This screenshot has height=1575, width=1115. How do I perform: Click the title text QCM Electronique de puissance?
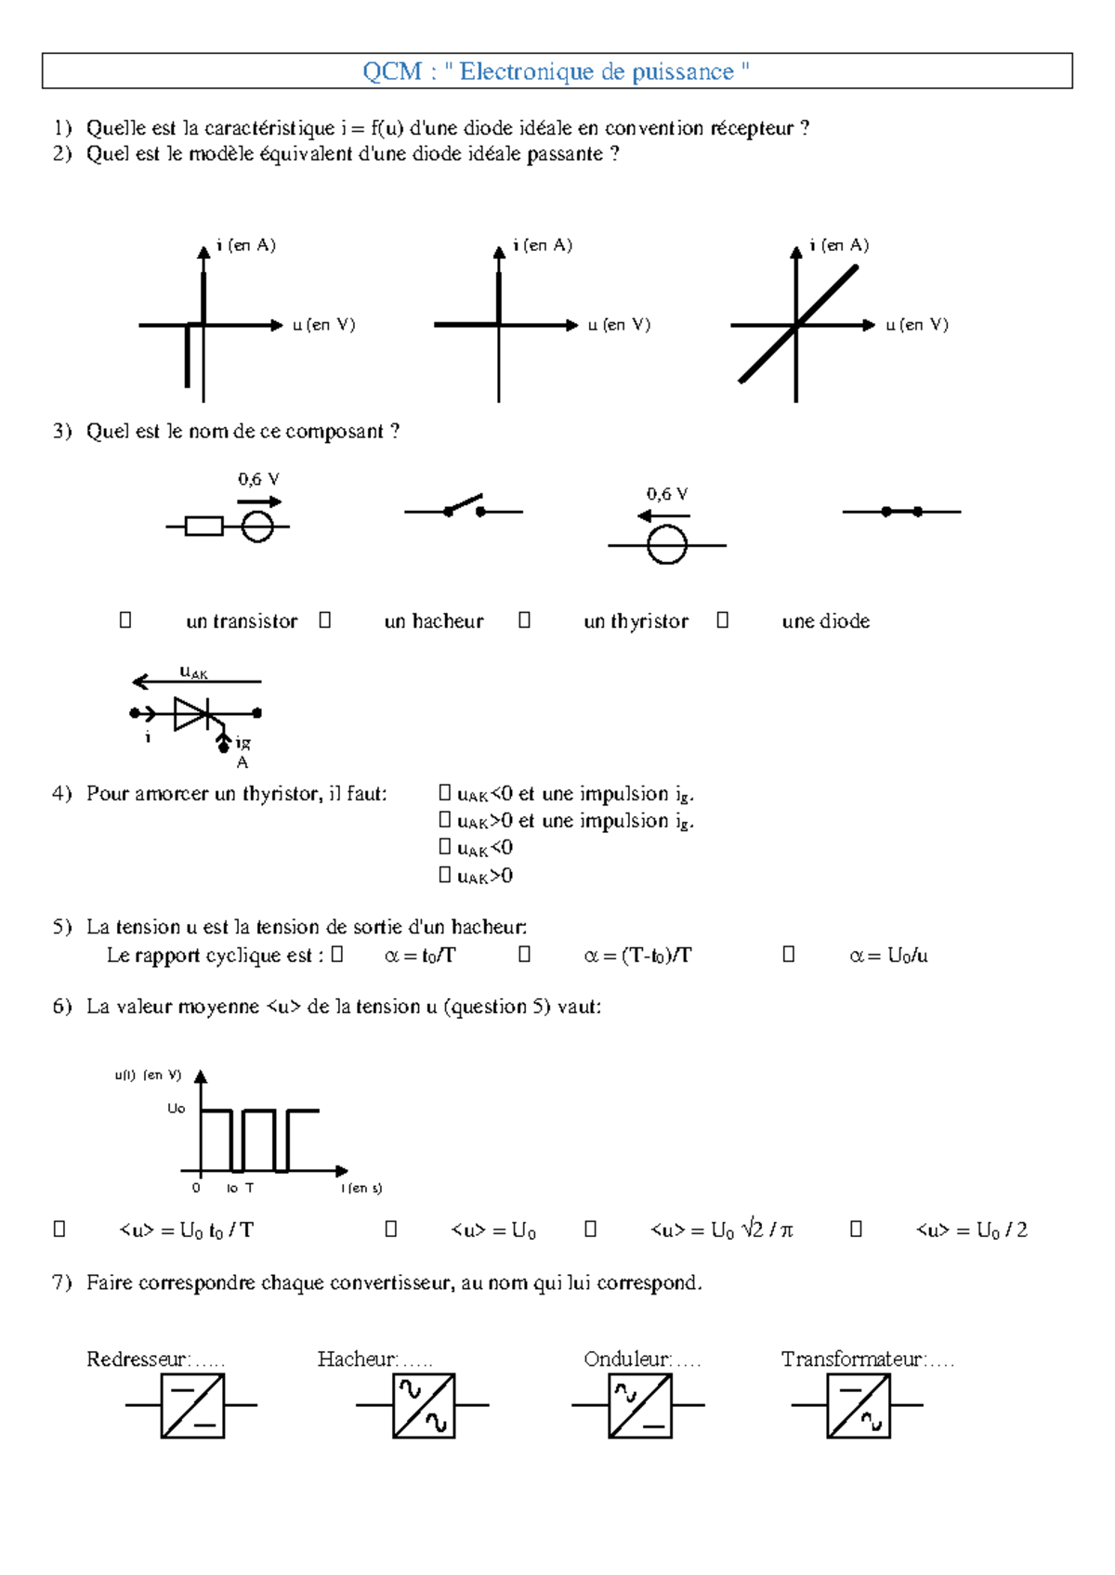[556, 72]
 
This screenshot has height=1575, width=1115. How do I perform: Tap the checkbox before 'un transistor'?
[125, 619]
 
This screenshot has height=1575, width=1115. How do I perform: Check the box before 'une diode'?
[723, 619]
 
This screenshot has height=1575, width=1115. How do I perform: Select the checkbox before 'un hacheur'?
[324, 619]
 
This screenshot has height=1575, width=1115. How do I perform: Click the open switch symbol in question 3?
[464, 507]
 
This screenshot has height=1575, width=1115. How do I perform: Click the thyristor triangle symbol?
[191, 713]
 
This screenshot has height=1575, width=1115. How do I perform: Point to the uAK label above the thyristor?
[193, 672]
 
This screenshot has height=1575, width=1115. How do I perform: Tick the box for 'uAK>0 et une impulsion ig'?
[445, 820]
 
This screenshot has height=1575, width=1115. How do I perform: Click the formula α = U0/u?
[888, 956]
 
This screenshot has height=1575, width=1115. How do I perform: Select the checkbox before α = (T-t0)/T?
[524, 954]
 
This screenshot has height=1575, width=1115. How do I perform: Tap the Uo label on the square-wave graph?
[177, 1108]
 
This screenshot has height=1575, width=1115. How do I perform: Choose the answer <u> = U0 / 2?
[971, 1230]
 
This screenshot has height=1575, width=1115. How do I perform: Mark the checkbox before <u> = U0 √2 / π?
[590, 1229]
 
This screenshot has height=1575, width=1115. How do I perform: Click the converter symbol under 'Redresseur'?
[192, 1405]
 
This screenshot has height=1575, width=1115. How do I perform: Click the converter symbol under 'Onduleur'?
[639, 1405]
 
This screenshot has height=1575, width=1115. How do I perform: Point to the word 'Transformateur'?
[852, 1360]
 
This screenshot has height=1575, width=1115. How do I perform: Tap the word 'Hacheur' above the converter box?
[357, 1360]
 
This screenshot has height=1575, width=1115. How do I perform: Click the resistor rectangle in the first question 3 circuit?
[203, 527]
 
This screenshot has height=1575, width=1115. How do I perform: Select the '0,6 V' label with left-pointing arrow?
[666, 494]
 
